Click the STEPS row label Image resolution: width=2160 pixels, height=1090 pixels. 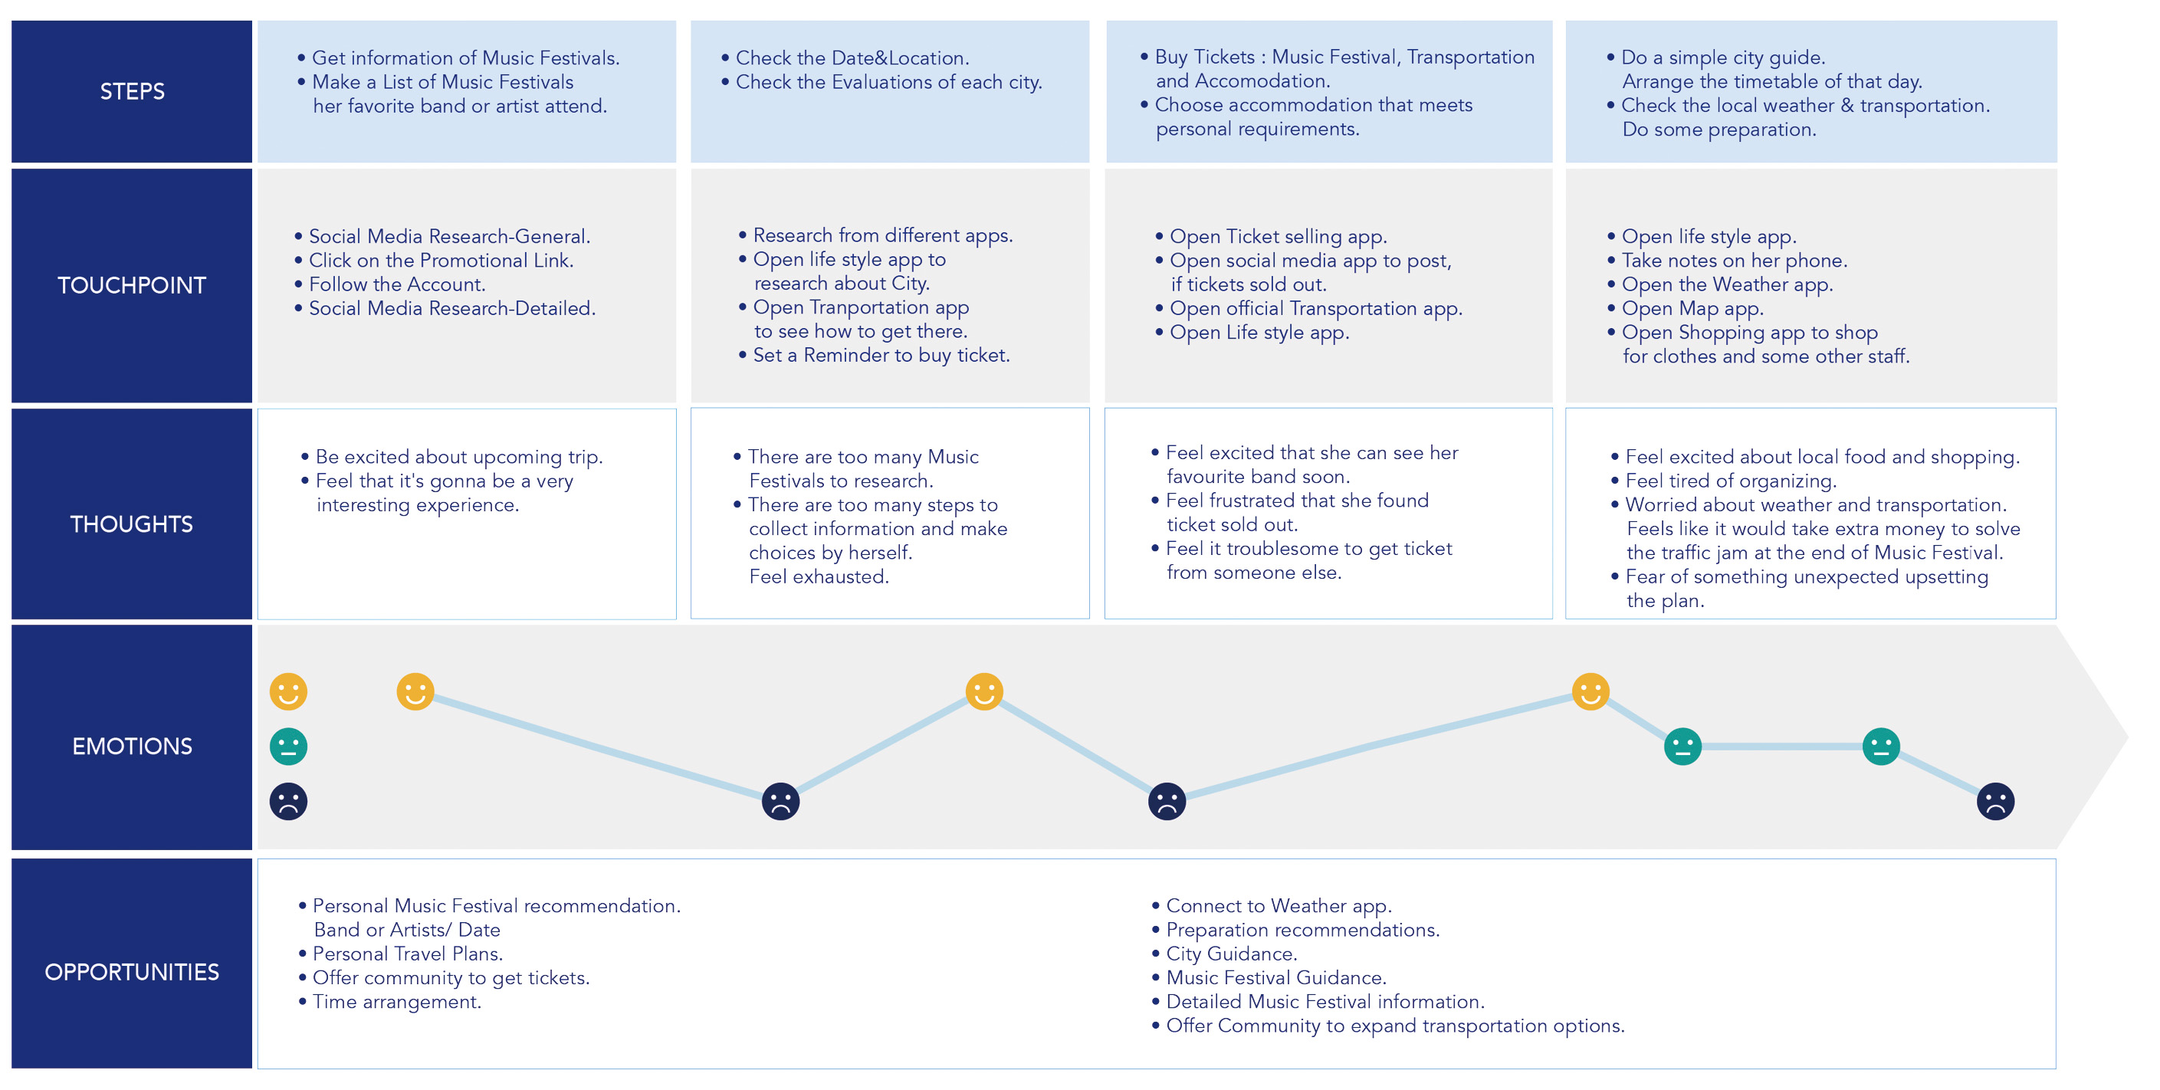[132, 91]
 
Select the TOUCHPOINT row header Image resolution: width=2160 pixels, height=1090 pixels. [132, 285]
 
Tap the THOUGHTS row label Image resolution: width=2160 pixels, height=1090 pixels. [132, 524]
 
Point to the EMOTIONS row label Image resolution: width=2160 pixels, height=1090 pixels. [132, 747]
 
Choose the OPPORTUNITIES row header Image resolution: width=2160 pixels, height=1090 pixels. [132, 972]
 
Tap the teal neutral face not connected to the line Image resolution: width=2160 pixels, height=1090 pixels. [288, 747]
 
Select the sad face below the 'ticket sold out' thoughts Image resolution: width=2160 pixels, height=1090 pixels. [1167, 801]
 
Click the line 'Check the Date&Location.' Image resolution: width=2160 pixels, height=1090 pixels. [852, 57]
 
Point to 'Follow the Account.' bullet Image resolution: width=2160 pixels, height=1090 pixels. [396, 284]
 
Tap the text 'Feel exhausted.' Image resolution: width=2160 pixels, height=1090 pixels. [819, 577]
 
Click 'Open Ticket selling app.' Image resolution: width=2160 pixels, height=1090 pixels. [1278, 236]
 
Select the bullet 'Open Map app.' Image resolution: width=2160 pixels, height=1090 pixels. [1692, 309]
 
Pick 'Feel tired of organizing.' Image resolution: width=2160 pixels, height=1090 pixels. [1731, 481]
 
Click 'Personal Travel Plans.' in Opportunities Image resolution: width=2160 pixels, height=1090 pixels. [408, 954]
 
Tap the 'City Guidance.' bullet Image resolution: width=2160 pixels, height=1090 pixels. [1231, 954]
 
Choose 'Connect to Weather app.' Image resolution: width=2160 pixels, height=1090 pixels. [1278, 906]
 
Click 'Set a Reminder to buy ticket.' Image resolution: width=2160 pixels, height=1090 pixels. [881, 356]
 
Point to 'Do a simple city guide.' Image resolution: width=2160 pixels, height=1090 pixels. [1722, 57]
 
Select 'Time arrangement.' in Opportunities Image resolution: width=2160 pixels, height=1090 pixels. [396, 1002]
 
